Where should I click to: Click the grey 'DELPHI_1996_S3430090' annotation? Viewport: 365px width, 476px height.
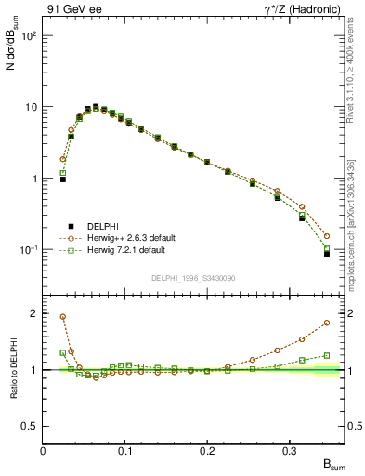click(x=192, y=279)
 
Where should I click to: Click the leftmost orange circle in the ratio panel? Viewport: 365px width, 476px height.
click(x=63, y=316)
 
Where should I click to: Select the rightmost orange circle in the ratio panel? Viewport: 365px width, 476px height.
click(x=326, y=323)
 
